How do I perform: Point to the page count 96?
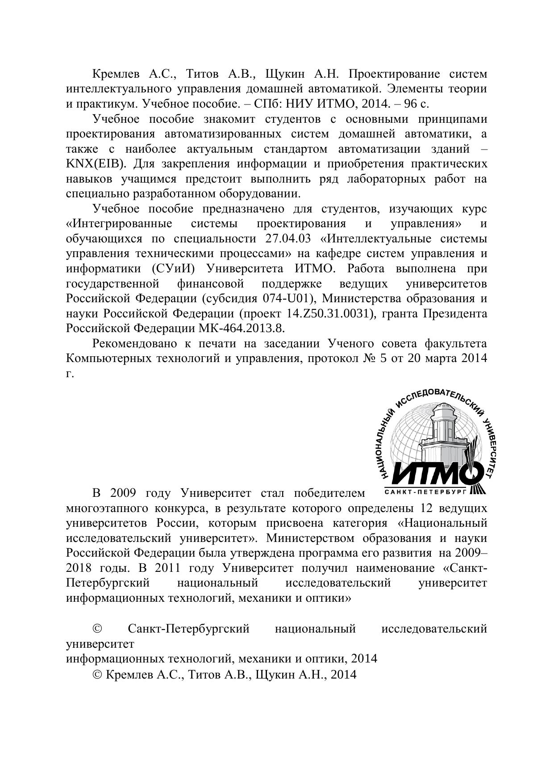(x=411, y=104)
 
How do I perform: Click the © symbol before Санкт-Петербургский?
(x=97, y=629)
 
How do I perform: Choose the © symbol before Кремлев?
(x=97, y=674)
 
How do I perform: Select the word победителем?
(x=329, y=493)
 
